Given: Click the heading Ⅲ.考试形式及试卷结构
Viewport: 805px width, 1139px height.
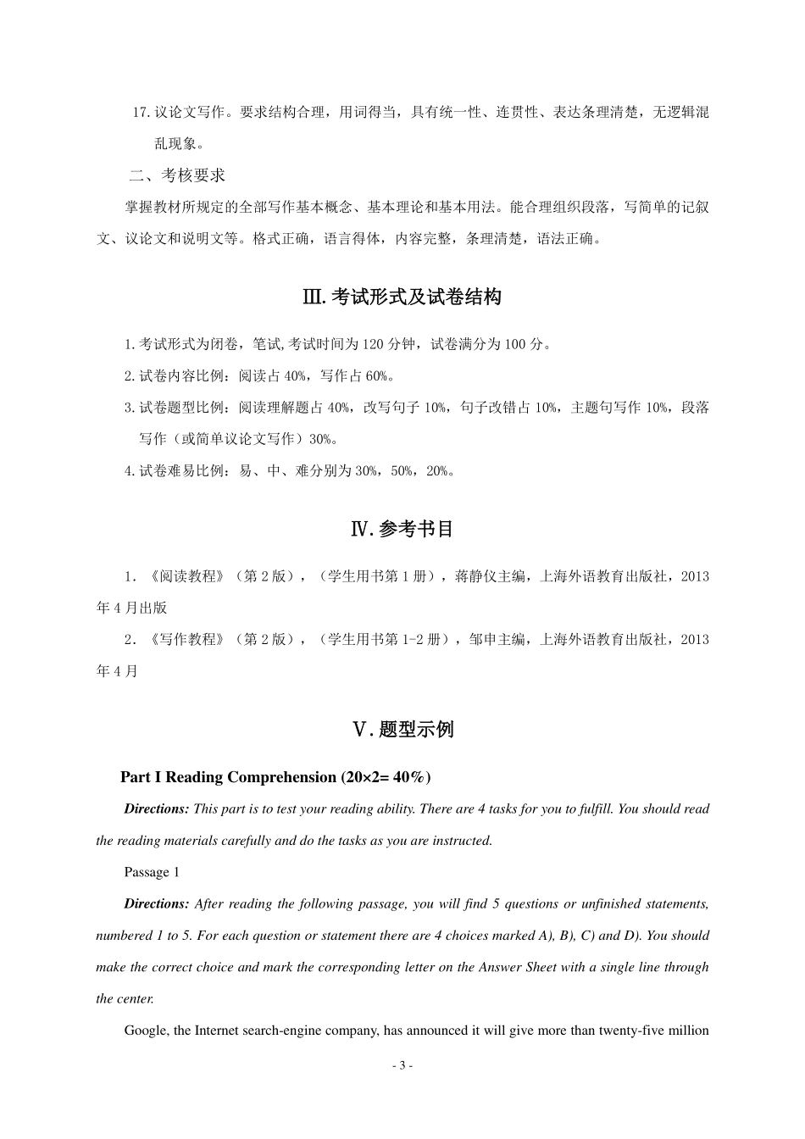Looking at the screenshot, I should click(x=402, y=297).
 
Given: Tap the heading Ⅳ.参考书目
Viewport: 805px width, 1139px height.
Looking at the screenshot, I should click(x=402, y=529).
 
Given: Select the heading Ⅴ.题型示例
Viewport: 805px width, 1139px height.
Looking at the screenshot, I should click(x=402, y=729).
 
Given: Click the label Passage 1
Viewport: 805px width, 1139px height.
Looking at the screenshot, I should click(x=152, y=872).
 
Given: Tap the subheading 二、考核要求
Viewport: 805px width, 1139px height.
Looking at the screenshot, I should click(x=177, y=175).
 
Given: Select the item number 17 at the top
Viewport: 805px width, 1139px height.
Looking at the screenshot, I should click(x=141, y=112).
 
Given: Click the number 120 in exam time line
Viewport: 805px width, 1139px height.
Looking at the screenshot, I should click(x=373, y=344).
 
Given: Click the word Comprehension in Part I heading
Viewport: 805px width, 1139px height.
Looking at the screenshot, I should click(x=283, y=777).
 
